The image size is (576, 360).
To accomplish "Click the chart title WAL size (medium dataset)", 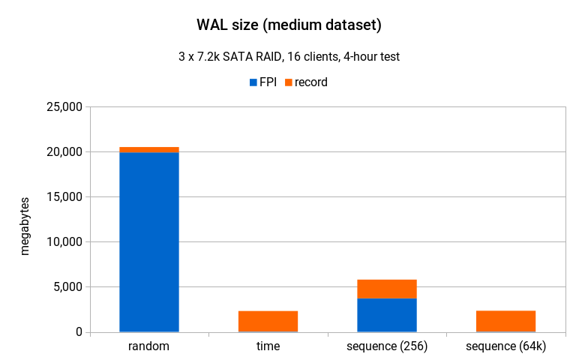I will pos(288,25).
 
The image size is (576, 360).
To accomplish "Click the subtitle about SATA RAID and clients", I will pos(288,57).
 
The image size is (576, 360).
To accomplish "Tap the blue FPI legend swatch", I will pos(253,82).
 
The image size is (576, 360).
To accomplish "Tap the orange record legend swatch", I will pos(288,82).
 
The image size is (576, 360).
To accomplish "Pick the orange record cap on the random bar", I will pos(149,150).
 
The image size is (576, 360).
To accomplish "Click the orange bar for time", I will pos(268,321).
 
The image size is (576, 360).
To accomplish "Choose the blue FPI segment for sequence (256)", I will pos(387,315).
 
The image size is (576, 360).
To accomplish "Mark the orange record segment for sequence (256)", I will pos(387,289).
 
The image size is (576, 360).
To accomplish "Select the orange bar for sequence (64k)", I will pos(505,321).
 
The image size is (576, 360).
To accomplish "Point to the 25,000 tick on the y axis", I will pos(64,107).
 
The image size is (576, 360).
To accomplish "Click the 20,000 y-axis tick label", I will pos(64,152).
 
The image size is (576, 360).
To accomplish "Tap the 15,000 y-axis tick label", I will pos(64,197).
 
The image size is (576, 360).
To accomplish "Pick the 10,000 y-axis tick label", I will pos(64,242).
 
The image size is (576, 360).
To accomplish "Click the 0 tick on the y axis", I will pos(78,332).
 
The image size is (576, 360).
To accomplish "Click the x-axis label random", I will pos(149,346).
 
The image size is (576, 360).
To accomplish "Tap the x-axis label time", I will pos(268,346).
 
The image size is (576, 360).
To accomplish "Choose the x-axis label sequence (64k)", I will pos(505,346).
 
